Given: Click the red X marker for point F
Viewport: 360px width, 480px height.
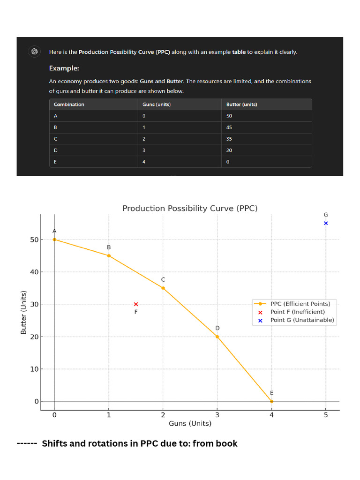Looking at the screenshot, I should click(136, 304).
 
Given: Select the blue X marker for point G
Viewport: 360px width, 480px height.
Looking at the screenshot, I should click(326, 223).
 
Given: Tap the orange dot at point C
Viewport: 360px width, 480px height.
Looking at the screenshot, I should click(163, 288).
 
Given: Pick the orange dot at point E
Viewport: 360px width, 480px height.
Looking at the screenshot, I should click(271, 401).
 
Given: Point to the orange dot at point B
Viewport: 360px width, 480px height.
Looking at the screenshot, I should click(109, 255).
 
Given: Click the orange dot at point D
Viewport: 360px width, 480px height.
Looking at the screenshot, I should click(217, 337).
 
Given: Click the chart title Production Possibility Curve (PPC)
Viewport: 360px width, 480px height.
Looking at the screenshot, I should click(190, 208).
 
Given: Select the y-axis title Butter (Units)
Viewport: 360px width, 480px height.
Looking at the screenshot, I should click(23, 313).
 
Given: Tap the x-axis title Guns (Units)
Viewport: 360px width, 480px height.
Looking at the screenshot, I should click(190, 423).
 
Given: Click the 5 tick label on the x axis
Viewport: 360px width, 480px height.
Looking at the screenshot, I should click(326, 414).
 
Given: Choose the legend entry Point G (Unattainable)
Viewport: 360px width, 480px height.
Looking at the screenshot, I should click(302, 320).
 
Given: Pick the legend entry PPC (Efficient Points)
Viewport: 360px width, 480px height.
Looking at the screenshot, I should click(300, 304).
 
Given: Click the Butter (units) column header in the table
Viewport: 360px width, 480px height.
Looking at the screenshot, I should click(241, 105).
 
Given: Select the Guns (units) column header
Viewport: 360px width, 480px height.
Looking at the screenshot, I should click(157, 105).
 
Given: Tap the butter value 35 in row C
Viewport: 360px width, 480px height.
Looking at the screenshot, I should click(229, 139).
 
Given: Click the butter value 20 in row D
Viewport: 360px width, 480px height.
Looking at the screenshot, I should click(229, 150).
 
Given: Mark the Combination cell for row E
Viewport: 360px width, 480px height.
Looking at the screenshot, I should click(55, 162).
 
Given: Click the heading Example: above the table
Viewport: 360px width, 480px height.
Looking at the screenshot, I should click(64, 68).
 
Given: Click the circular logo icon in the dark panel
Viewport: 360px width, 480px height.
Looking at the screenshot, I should click(34, 52).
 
